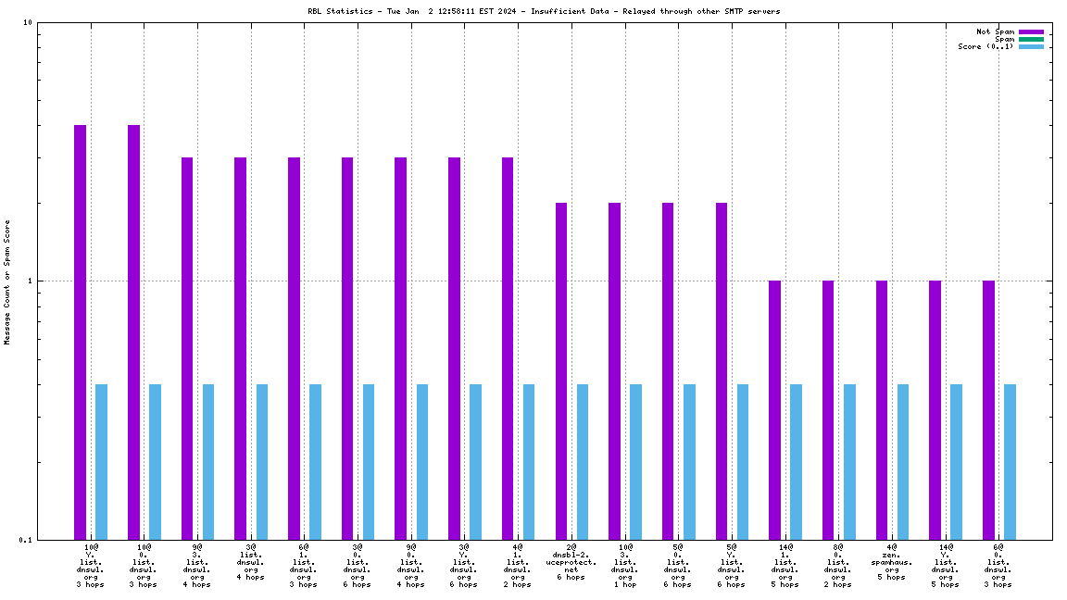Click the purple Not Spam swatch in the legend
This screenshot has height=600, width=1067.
click(x=1031, y=31)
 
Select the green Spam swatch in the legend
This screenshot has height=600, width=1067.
click(x=1031, y=39)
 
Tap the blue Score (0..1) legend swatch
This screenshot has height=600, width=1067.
click(x=1031, y=46)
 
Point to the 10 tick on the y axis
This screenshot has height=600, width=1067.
click(x=28, y=23)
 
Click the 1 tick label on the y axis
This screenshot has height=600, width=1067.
click(x=31, y=281)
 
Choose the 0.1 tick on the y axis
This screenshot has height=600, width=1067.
click(x=25, y=540)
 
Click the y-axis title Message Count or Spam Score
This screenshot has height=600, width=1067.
click(x=7, y=282)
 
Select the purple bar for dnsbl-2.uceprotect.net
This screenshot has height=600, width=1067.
click(x=561, y=370)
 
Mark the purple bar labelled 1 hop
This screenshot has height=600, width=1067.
click(x=614, y=370)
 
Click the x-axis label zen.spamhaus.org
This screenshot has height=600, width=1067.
click(x=892, y=562)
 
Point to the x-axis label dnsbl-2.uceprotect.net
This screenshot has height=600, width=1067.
click(x=571, y=562)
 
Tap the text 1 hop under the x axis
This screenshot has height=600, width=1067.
click(x=624, y=584)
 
